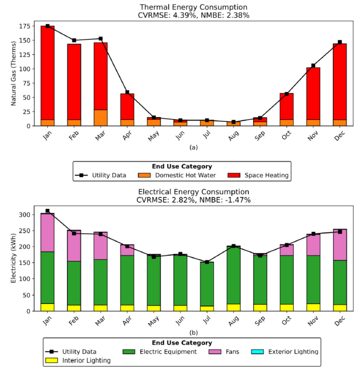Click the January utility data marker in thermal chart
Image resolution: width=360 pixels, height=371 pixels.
47,26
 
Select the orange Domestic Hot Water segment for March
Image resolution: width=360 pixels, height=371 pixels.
101,118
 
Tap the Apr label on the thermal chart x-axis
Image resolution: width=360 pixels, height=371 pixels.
127,135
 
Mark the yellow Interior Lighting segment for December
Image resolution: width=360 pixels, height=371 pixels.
340,308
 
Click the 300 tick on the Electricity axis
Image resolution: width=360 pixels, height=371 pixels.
28,215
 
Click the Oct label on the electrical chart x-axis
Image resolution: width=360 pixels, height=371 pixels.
287,320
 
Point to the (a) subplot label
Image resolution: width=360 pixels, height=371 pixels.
194,147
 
